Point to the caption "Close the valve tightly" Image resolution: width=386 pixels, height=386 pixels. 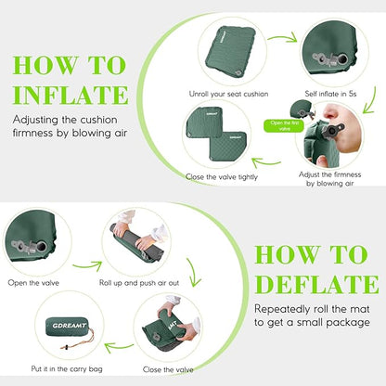221,174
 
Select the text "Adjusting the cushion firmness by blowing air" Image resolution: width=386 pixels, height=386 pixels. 70,126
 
